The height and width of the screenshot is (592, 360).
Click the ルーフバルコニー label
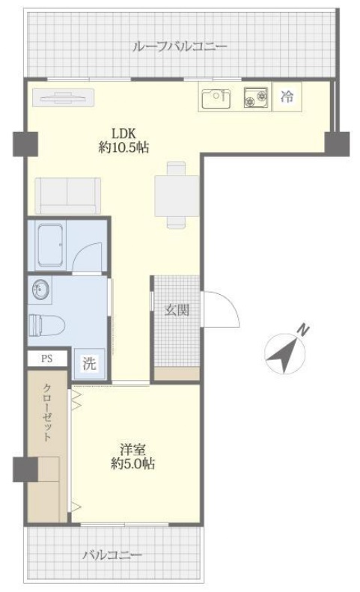[x=179, y=47]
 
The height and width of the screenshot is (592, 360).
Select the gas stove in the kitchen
[x=255, y=97]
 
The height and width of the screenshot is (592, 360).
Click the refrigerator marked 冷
[x=286, y=97]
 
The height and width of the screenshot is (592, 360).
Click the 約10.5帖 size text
[x=124, y=147]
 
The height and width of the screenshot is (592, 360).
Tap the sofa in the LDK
[x=67, y=196]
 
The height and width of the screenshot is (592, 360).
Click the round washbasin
[x=40, y=290]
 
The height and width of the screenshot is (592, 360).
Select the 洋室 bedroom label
[x=135, y=451]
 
